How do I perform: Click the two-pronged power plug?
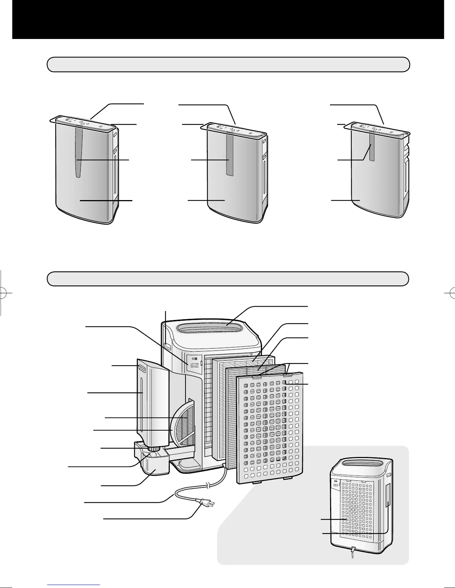click(206, 503)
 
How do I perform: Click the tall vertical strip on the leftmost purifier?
click(78, 152)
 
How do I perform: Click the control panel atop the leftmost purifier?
click(83, 124)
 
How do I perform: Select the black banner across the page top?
click(227, 19)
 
